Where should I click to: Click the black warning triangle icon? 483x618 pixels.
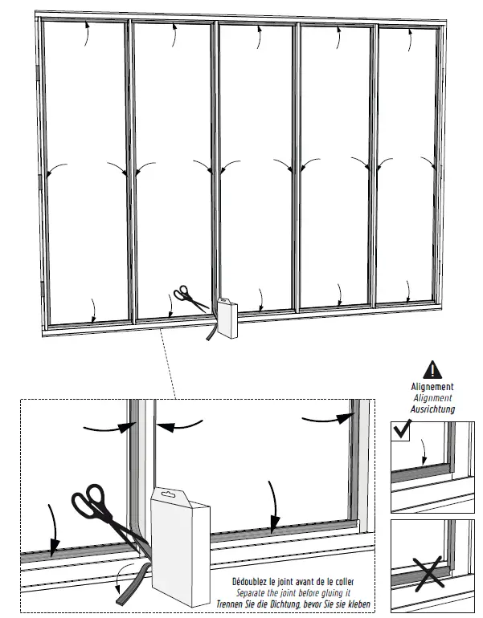[x=433, y=369]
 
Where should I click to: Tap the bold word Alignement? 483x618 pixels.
[x=432, y=387]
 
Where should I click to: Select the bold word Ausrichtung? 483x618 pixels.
[x=432, y=409]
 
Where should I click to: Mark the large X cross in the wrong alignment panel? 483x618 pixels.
[x=431, y=571]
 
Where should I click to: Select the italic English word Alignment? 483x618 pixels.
[x=432, y=397]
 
